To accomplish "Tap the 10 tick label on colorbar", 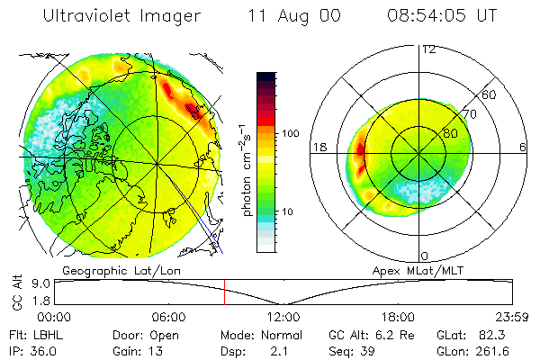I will (291, 211).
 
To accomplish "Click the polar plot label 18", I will (318, 147).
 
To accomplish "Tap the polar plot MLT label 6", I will (523, 147).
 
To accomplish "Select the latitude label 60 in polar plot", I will (489, 94).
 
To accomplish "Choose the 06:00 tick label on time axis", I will (169, 317).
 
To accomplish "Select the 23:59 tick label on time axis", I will (512, 317).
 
